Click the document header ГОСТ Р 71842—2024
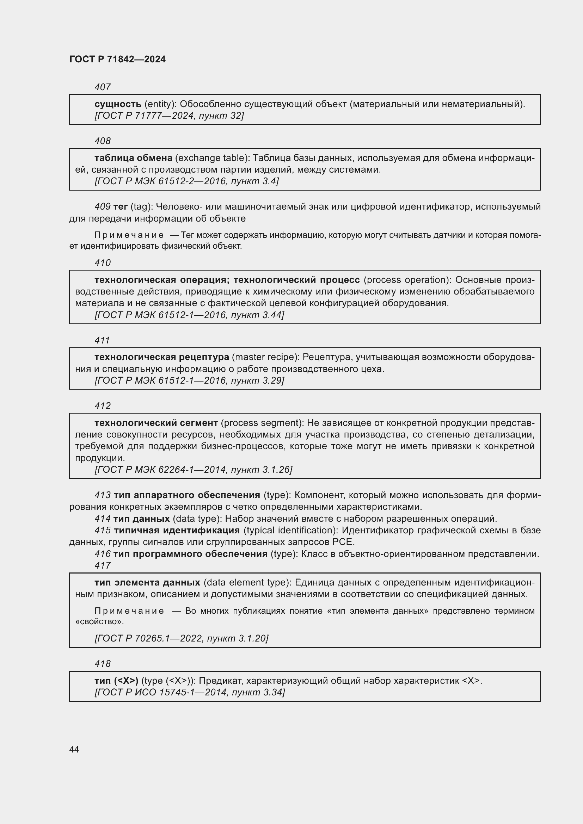click(117, 59)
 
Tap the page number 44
click(74, 749)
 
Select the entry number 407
click(102, 87)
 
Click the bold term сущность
click(118, 104)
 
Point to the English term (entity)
click(160, 104)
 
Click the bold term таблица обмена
click(133, 158)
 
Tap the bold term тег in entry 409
click(120, 207)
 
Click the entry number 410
click(102, 263)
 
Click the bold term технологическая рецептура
click(161, 357)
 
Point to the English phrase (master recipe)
click(266, 357)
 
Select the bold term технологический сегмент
click(156, 423)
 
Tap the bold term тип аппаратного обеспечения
click(187, 495)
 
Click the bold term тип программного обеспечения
click(190, 554)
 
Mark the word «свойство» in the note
click(99, 621)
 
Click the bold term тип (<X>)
click(116, 681)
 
